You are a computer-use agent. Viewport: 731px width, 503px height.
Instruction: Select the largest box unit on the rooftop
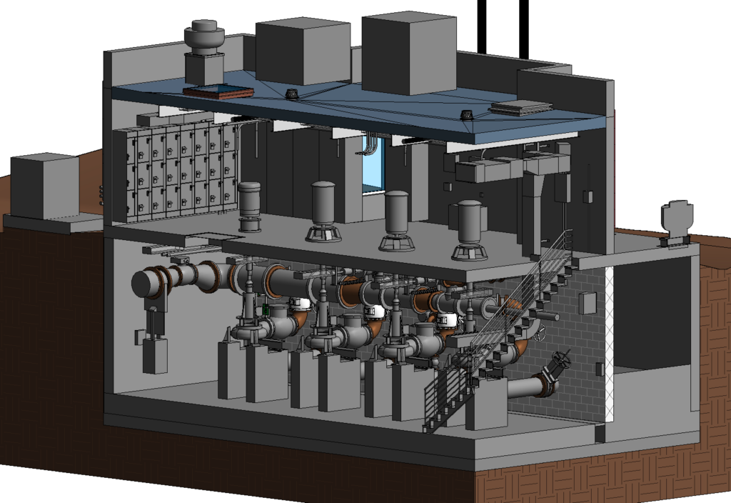pos(408,54)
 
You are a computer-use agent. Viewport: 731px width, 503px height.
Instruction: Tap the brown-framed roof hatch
pos(218,91)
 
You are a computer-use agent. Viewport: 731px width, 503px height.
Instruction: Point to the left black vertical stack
pos(482,26)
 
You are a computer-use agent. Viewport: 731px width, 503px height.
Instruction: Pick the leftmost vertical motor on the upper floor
pos(249,206)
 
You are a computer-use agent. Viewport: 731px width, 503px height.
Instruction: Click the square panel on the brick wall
pos(587,303)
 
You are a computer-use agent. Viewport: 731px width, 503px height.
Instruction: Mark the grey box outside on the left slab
pos(44,186)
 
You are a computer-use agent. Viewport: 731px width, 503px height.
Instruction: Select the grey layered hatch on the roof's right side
pos(521,107)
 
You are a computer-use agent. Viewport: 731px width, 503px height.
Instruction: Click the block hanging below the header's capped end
pos(155,354)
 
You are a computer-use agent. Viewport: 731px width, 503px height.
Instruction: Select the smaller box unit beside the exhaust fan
pos(303,51)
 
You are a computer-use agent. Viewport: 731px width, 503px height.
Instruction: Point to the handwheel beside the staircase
pos(543,333)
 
